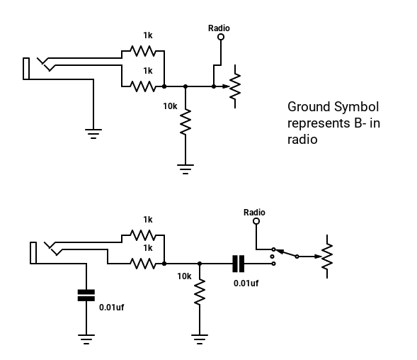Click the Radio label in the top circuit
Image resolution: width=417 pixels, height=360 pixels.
point(219,28)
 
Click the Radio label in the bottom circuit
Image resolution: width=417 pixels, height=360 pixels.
point(254,212)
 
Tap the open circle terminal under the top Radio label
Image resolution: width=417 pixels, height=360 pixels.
point(221,37)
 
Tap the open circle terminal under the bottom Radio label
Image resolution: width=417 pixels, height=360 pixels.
point(256,221)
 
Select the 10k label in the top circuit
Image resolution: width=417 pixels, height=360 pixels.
point(170,106)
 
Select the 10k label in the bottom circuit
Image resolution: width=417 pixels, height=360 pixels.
point(184,276)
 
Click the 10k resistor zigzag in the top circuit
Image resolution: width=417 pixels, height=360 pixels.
point(185,122)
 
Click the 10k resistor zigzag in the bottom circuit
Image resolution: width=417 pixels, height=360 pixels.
point(200,291)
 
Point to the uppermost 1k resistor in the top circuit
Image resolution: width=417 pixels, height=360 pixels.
point(143,50)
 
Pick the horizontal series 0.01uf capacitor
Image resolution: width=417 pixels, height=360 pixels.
point(239,264)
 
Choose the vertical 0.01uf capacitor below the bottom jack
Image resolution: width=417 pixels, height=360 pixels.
point(86,296)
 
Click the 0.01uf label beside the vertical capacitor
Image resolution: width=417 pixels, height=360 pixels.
point(111,308)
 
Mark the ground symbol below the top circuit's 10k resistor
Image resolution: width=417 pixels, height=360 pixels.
point(185,169)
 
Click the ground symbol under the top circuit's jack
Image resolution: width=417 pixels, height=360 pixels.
point(93,134)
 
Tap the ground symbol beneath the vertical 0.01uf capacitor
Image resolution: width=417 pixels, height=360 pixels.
point(86,339)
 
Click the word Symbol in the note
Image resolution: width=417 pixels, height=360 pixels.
point(356,107)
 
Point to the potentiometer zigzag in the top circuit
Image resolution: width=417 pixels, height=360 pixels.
point(235,86)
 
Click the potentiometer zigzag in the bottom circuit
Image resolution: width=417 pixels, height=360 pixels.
point(327,257)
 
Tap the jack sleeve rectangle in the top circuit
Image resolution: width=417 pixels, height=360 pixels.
point(26,69)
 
